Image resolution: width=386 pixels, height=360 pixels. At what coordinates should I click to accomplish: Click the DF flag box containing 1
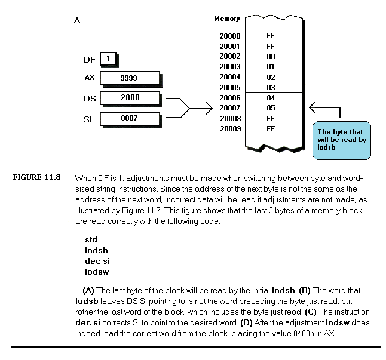[108, 59]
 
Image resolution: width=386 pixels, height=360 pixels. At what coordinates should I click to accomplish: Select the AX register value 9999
[128, 78]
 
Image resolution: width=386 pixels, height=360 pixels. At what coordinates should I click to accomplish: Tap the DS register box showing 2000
[130, 98]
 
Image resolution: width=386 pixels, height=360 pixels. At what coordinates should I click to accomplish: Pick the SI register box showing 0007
[130, 119]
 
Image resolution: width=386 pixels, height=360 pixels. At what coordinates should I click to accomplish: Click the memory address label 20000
[229, 36]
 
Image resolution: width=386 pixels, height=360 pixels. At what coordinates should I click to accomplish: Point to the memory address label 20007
[229, 108]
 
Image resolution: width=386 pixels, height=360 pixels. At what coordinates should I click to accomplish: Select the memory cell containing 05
[274, 108]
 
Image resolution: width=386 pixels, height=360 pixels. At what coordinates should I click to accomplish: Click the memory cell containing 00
[274, 56]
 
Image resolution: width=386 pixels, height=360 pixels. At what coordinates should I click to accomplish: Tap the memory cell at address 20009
[274, 129]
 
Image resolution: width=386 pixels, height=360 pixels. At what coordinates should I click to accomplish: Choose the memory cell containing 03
[274, 88]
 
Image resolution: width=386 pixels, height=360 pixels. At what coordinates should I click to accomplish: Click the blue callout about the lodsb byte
[341, 140]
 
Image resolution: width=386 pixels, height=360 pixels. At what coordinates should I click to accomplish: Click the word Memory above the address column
[226, 19]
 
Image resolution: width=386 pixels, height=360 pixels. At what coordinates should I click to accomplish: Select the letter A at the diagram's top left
[77, 20]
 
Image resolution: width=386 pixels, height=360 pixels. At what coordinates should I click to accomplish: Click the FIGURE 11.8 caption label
[36, 177]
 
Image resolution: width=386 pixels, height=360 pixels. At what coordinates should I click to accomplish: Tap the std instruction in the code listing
[91, 240]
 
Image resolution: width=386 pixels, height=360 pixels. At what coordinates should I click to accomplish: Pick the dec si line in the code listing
[97, 261]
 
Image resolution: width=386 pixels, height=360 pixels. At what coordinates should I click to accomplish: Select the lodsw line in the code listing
[97, 272]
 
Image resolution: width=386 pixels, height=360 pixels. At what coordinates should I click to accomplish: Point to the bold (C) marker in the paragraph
[311, 312]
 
